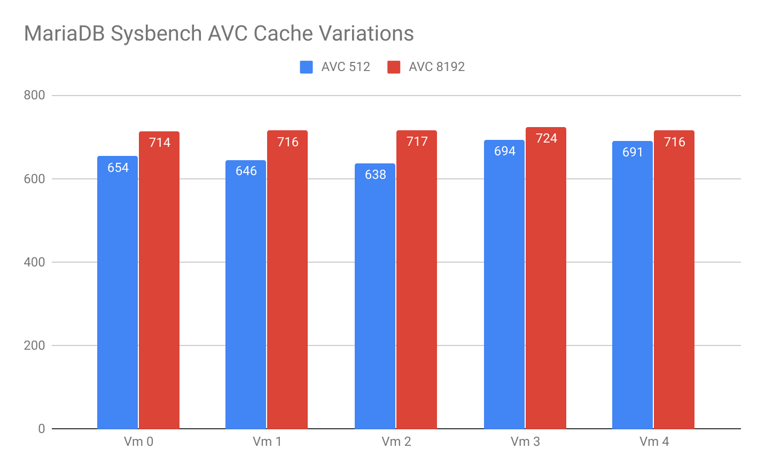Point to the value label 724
point(547,138)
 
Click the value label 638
point(376,175)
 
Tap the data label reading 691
point(633,152)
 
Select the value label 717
point(417,141)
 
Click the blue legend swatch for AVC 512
point(307,67)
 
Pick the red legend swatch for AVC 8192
point(394,67)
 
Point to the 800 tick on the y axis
point(35,95)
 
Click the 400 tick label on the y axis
point(35,262)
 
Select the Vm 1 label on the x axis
point(267,442)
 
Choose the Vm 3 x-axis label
point(525,442)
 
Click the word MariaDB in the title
point(64,34)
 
